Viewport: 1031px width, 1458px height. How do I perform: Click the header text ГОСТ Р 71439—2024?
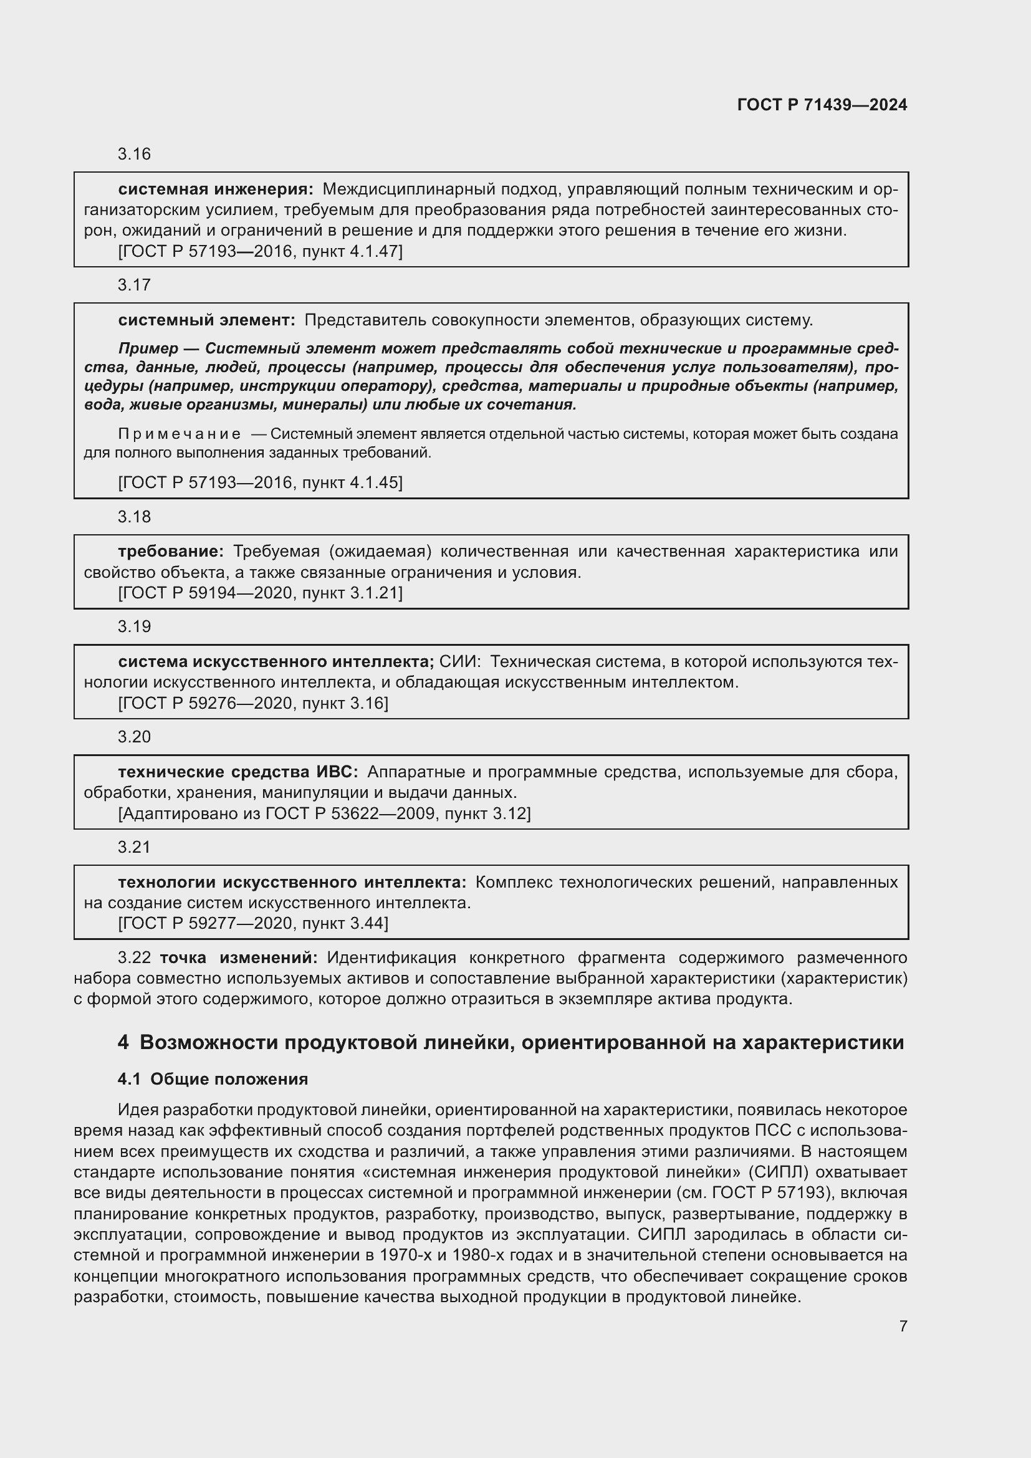coord(822,105)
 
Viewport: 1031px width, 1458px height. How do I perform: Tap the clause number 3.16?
coord(134,155)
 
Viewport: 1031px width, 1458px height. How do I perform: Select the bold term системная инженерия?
coord(215,189)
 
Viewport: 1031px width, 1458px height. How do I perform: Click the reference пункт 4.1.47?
coord(350,251)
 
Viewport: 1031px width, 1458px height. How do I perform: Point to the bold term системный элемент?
coord(206,320)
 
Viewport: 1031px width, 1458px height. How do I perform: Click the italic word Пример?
coord(148,348)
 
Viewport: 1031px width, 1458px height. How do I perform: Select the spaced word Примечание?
coord(180,434)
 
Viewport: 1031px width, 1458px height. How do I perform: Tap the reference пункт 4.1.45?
coord(350,482)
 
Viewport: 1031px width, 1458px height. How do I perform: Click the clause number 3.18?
coord(134,517)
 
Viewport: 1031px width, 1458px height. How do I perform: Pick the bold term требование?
coord(170,551)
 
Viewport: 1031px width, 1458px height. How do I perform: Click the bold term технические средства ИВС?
coord(237,772)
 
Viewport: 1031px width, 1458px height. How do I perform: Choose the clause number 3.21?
coord(134,847)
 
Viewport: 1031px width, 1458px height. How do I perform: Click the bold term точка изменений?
coord(238,957)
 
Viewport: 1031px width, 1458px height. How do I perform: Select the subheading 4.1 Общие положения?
coord(213,1079)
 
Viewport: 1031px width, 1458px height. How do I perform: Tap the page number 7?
coord(903,1326)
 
